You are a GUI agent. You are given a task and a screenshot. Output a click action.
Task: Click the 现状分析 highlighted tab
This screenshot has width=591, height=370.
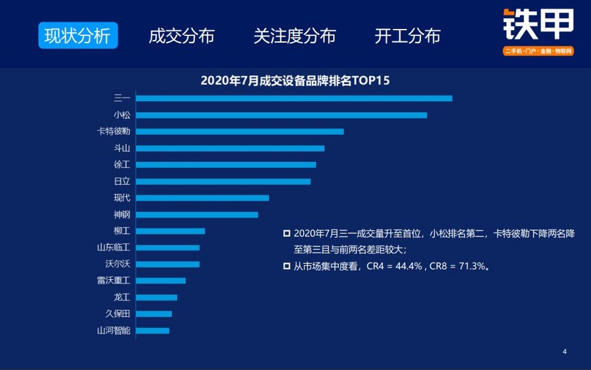(77, 36)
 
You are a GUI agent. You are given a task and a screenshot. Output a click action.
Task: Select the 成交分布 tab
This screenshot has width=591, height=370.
(182, 36)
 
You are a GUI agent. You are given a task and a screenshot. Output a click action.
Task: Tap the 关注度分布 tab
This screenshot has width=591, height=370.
(295, 36)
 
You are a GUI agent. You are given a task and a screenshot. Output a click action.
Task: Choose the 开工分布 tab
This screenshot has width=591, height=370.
(407, 36)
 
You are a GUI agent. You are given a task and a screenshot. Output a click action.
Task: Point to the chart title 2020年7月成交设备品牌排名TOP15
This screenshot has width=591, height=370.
(295, 81)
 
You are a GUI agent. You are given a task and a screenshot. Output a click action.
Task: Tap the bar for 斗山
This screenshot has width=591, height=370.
(230, 148)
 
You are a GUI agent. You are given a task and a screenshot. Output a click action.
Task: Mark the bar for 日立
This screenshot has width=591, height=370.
(223, 181)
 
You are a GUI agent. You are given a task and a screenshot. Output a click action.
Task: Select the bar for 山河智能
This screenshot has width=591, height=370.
(152, 331)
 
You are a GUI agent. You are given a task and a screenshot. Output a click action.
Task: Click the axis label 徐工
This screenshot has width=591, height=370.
(122, 165)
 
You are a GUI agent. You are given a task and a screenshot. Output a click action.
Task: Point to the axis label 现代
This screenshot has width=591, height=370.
(122, 197)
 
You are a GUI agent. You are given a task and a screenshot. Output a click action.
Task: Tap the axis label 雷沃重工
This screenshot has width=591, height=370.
(114, 281)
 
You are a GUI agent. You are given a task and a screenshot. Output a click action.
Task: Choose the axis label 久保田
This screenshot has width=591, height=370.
(118, 314)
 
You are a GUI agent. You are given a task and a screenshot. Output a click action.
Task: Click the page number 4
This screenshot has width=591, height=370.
(565, 352)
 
